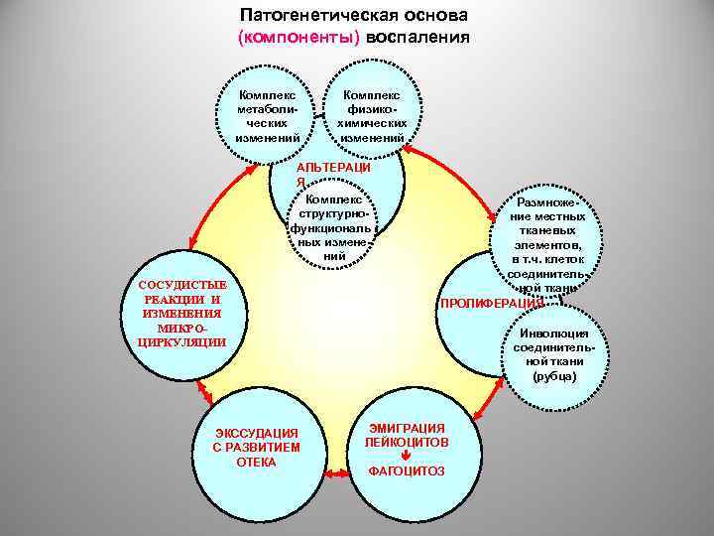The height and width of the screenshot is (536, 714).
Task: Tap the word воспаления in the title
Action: click(417, 38)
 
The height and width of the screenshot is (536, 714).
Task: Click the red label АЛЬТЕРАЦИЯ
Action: click(332, 175)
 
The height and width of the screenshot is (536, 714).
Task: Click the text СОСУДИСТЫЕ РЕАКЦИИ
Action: click(171, 292)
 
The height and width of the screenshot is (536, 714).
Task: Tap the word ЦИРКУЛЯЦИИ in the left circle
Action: click(171, 341)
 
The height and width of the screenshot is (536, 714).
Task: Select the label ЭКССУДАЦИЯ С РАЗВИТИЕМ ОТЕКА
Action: click(257, 447)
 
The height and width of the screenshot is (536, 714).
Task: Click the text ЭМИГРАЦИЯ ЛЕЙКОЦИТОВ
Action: click(407, 433)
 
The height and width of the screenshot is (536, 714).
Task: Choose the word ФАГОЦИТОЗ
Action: click(407, 470)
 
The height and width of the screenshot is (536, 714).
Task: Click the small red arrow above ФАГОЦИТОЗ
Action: click(406, 454)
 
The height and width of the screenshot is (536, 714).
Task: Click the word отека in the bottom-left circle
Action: click(257, 462)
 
